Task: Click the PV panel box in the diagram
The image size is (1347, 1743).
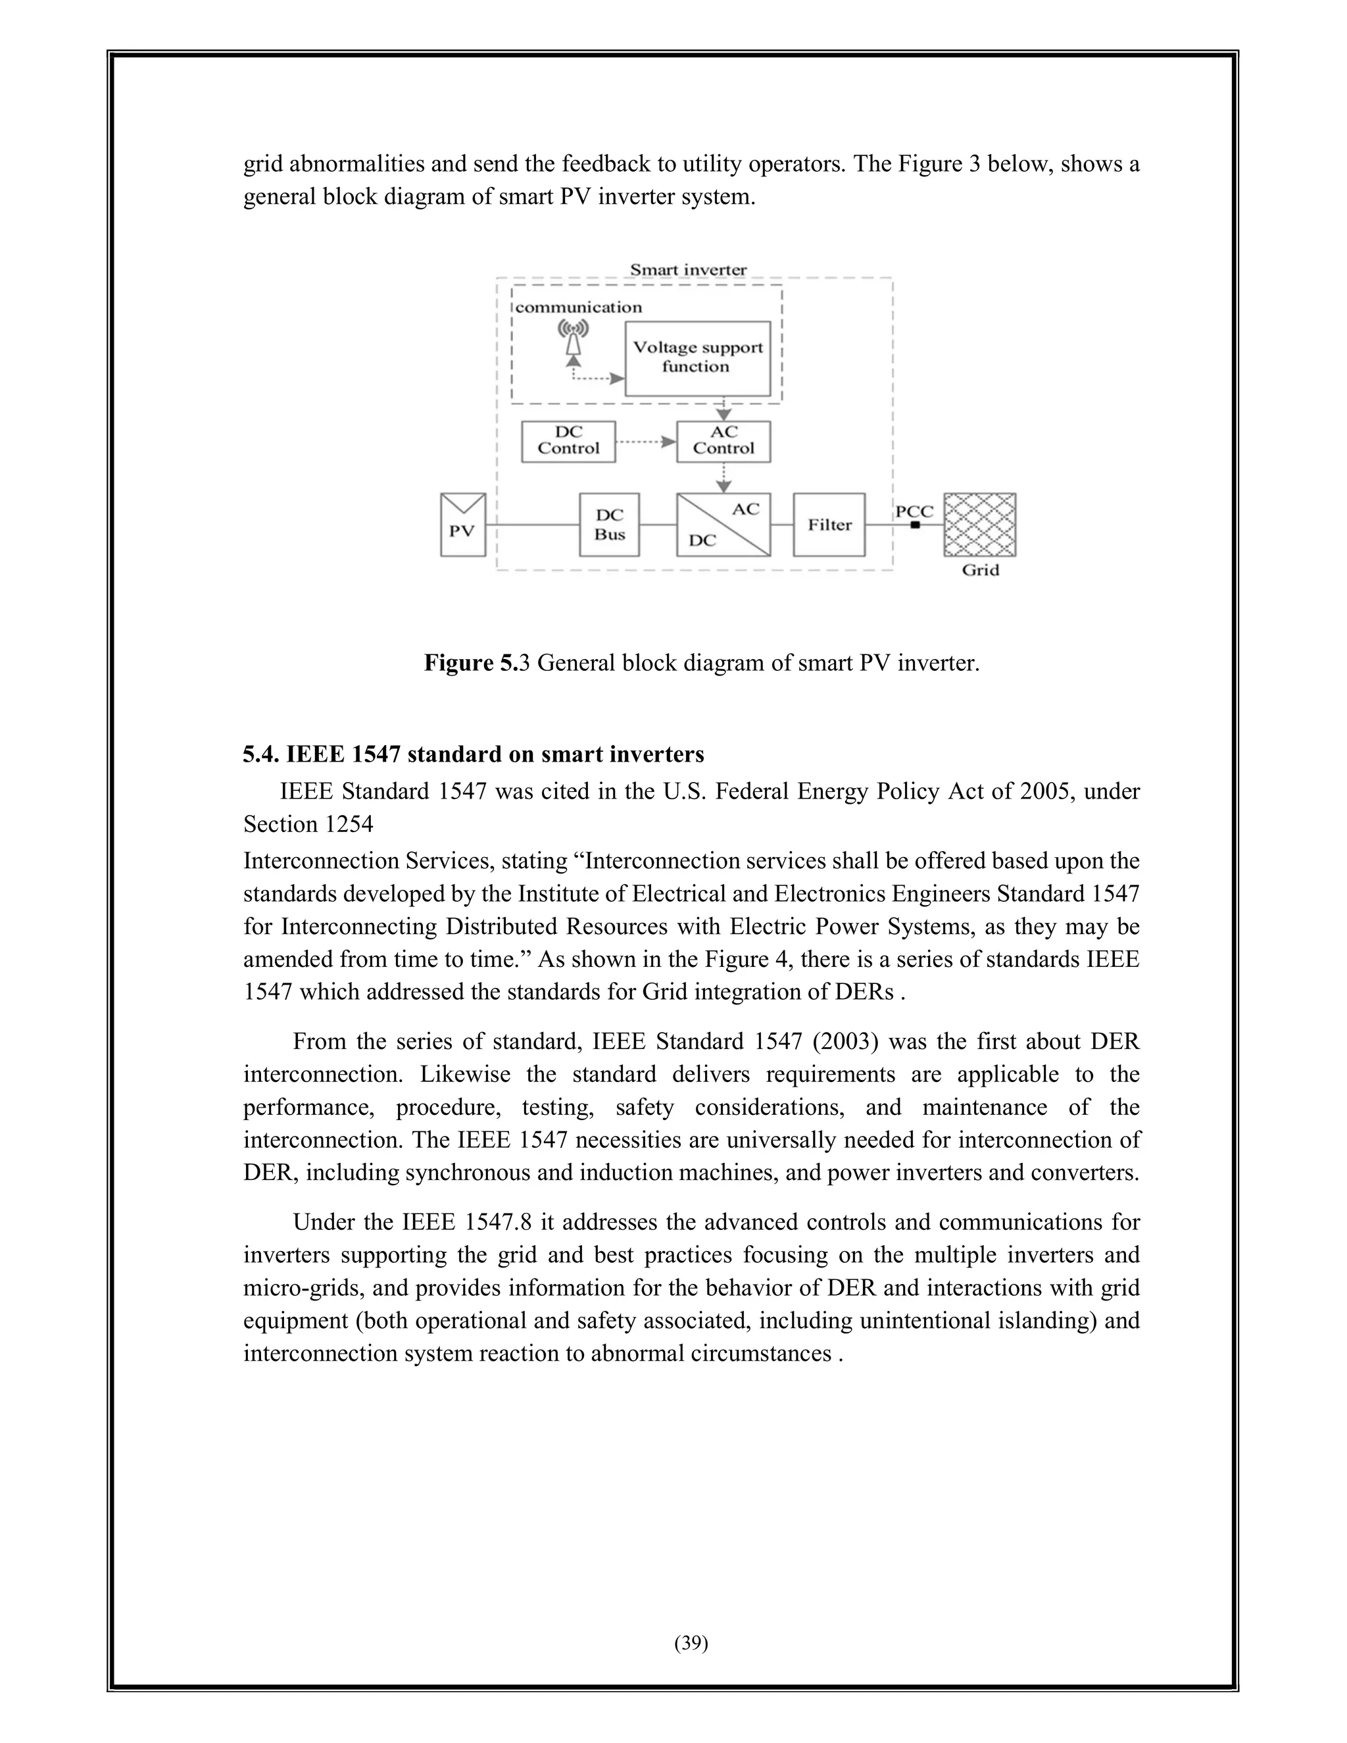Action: [463, 525]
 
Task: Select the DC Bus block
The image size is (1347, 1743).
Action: [609, 525]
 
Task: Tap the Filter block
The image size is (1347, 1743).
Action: [829, 525]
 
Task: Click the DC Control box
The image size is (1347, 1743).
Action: [568, 441]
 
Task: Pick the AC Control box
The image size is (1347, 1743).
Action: [723, 441]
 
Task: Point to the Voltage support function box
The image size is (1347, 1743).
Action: [697, 358]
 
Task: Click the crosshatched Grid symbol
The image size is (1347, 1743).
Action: [980, 524]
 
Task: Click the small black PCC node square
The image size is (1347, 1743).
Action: [916, 525]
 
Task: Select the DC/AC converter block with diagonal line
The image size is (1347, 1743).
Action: [723, 525]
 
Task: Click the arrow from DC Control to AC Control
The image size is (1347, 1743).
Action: [647, 441]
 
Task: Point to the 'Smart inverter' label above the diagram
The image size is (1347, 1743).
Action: [688, 270]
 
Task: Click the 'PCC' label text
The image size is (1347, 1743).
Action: [914, 512]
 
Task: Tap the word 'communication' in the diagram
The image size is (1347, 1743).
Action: [579, 307]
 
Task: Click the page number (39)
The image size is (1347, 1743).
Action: [691, 1642]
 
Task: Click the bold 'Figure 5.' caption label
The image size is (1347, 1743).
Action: [471, 662]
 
